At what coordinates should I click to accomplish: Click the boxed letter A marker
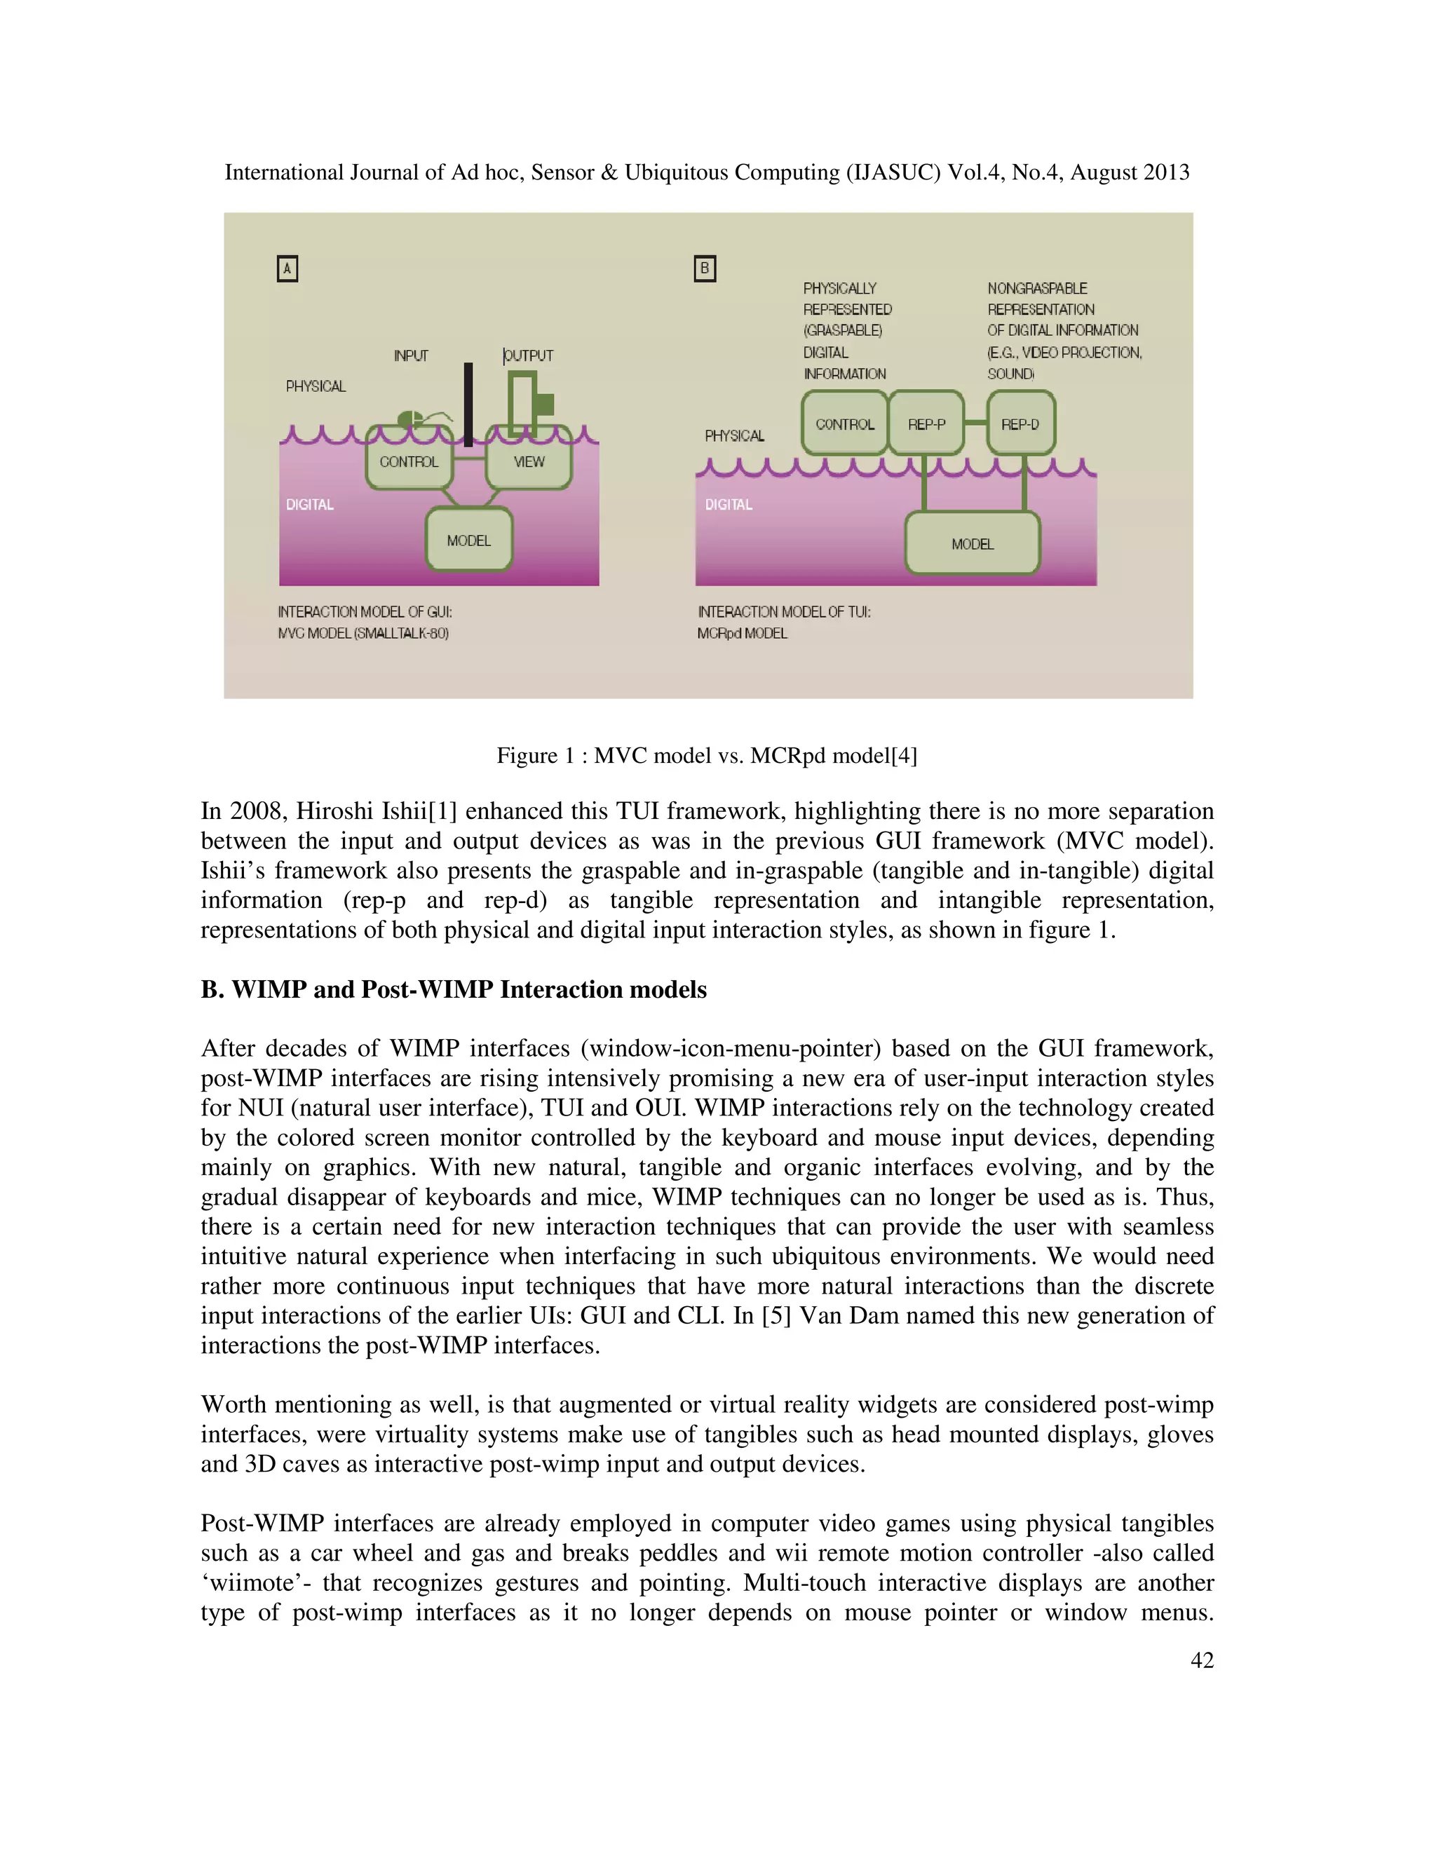[287, 269]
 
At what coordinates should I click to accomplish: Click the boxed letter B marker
[705, 269]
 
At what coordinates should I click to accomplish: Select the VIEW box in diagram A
[528, 462]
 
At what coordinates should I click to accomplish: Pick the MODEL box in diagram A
[469, 540]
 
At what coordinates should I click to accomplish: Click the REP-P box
[926, 423]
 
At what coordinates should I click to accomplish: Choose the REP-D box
[1020, 423]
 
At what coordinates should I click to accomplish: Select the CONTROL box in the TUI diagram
[845, 423]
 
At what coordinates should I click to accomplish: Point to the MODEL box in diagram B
[973, 543]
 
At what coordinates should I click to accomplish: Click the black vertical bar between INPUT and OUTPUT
[468, 404]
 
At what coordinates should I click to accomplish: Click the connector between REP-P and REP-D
[976, 423]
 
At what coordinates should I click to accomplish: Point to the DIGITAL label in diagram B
[729, 505]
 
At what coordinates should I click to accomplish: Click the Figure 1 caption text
[706, 755]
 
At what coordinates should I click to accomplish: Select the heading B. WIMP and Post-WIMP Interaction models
[454, 989]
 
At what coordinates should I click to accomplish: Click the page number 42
[1201, 1660]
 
